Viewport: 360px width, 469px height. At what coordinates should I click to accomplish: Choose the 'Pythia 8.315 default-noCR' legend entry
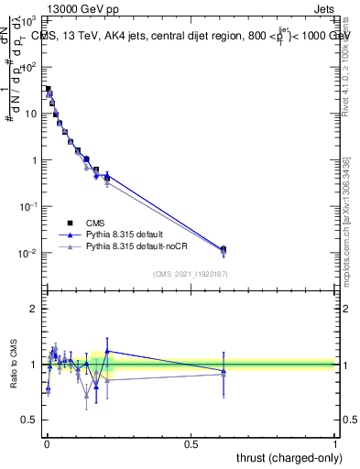coord(132,246)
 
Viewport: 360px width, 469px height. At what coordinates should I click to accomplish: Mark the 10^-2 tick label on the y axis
coord(28,253)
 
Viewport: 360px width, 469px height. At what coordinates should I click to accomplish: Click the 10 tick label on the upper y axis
coord(31,114)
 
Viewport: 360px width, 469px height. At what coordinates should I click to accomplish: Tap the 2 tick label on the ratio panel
coord(35,309)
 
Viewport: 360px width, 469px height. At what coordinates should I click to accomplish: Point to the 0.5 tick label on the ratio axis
coord(31,420)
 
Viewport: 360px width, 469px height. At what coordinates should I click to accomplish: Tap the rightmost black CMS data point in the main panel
coord(224,249)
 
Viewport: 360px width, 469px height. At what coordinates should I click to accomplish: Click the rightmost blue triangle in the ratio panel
coord(224,371)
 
